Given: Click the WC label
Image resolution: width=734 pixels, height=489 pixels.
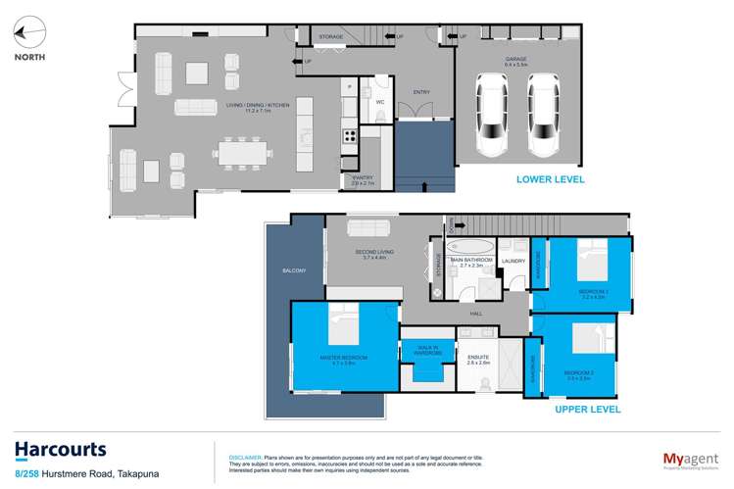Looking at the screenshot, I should point(380,101).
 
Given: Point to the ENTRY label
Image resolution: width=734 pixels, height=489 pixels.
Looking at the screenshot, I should point(422,93).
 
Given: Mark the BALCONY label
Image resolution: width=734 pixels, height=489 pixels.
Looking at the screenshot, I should point(294,270).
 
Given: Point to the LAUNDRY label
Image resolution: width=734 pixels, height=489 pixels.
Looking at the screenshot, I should point(513,260).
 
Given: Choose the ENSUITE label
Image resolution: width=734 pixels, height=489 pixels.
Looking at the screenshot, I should point(478,359).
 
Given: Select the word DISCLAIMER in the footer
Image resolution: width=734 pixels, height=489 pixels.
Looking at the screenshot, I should point(244,457).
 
